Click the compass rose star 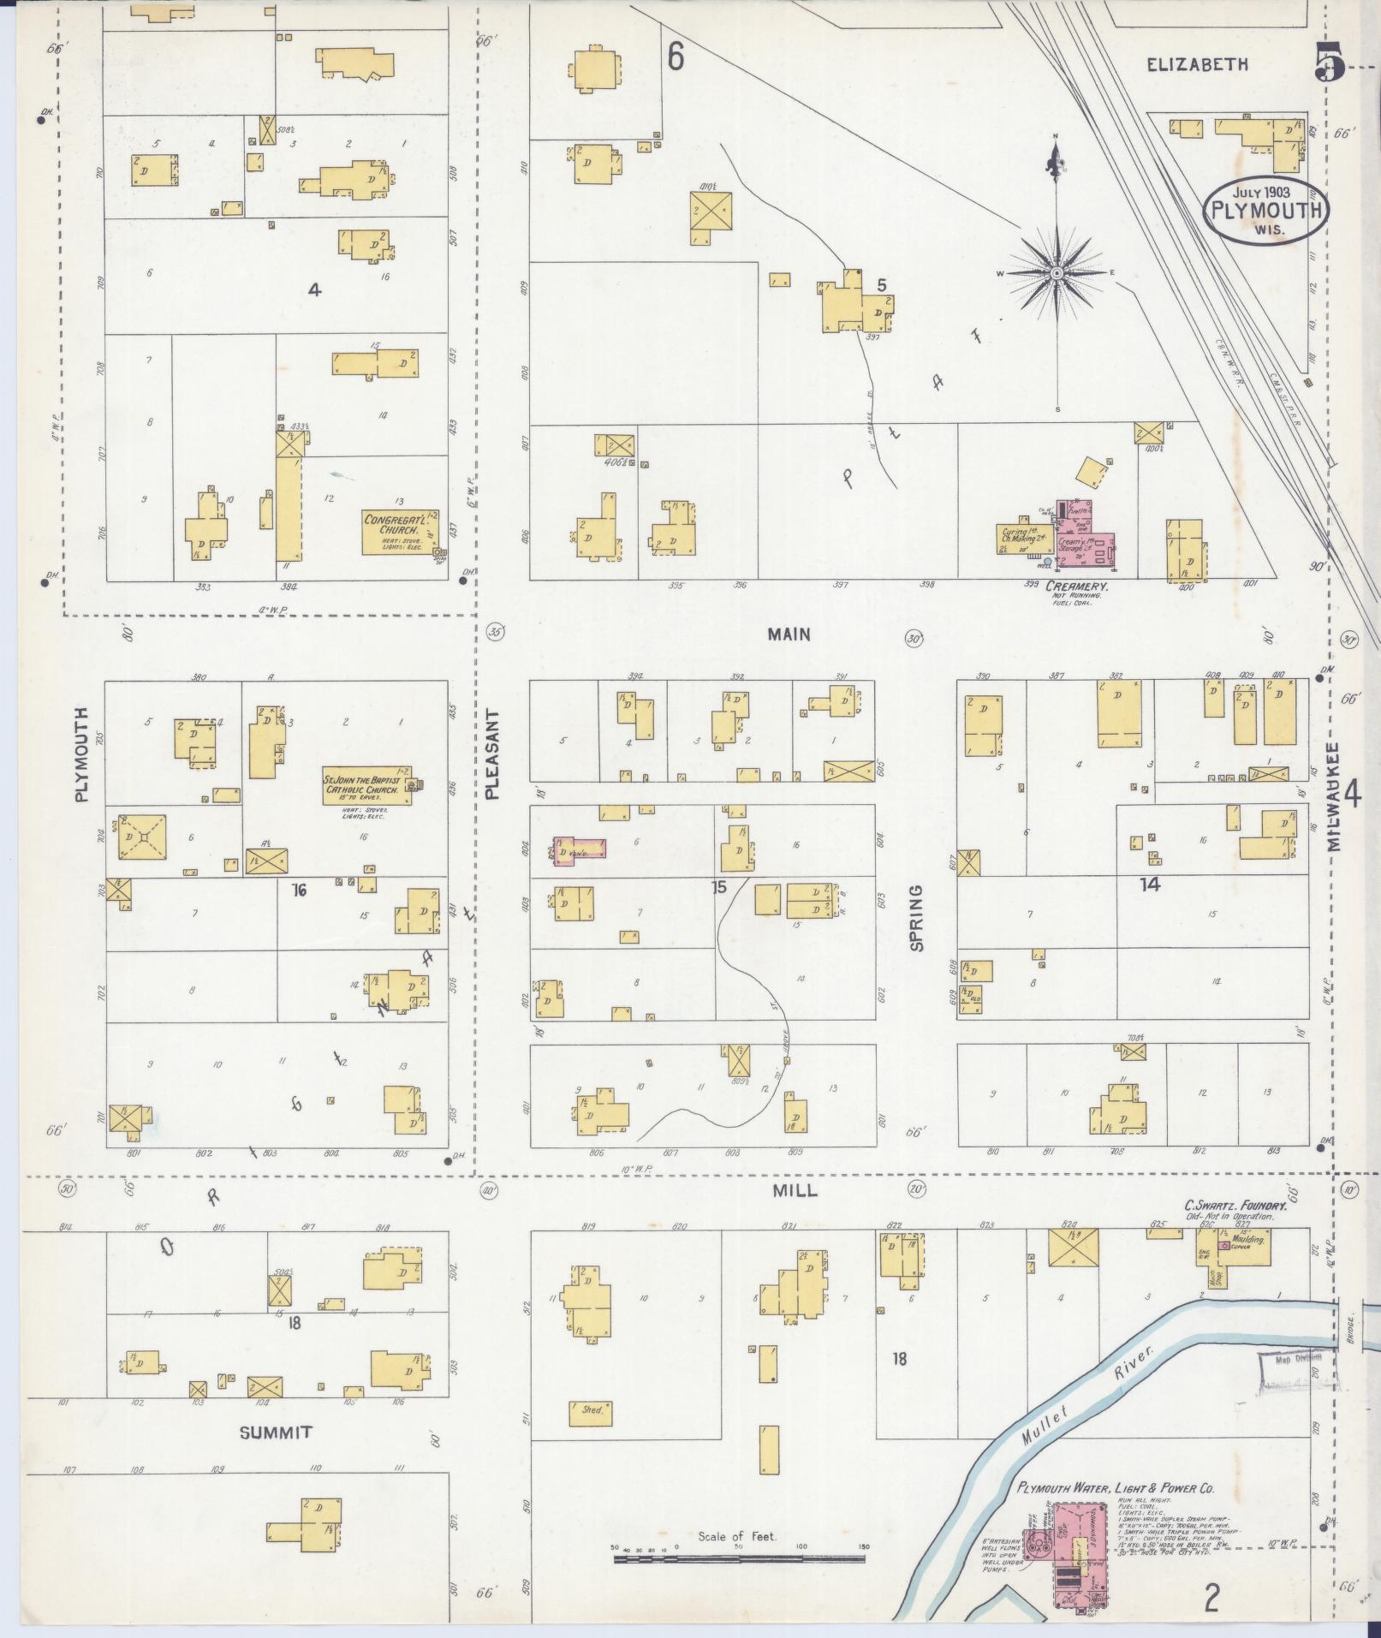click(1057, 272)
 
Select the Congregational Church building click(400, 532)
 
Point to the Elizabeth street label click(1197, 64)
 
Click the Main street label click(789, 634)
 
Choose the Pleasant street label click(491, 754)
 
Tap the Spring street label click(917, 918)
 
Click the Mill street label click(795, 1190)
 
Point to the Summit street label click(276, 1433)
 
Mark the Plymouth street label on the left click(82, 754)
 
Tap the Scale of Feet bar click(740, 1558)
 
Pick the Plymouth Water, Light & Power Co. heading click(1116, 1489)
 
